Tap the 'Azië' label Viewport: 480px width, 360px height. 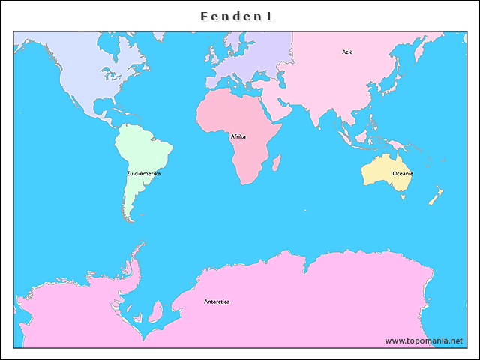[x=347, y=52]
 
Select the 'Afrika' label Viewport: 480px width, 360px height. [x=238, y=136]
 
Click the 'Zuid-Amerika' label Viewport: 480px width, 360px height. [x=143, y=173]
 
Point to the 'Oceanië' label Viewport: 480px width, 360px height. [x=403, y=173]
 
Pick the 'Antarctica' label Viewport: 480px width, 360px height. [x=217, y=301]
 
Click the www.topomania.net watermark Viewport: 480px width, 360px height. [x=424, y=340]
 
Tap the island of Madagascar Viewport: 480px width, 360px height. [x=276, y=162]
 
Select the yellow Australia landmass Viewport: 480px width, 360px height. [x=382, y=171]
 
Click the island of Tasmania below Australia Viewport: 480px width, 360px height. [x=403, y=196]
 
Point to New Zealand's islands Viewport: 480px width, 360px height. [x=434, y=197]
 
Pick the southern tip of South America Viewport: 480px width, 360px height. [x=130, y=218]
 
